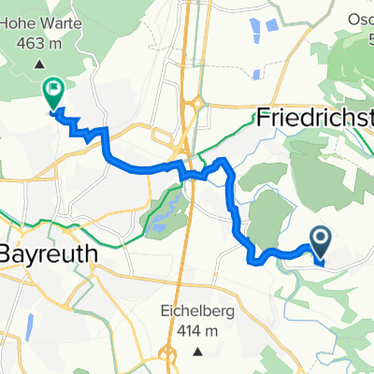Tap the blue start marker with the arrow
click(x=320, y=242)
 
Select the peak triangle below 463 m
click(x=39, y=65)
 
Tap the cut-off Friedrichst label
click(x=314, y=120)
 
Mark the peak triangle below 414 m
click(x=198, y=352)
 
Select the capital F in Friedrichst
click(x=265, y=120)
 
